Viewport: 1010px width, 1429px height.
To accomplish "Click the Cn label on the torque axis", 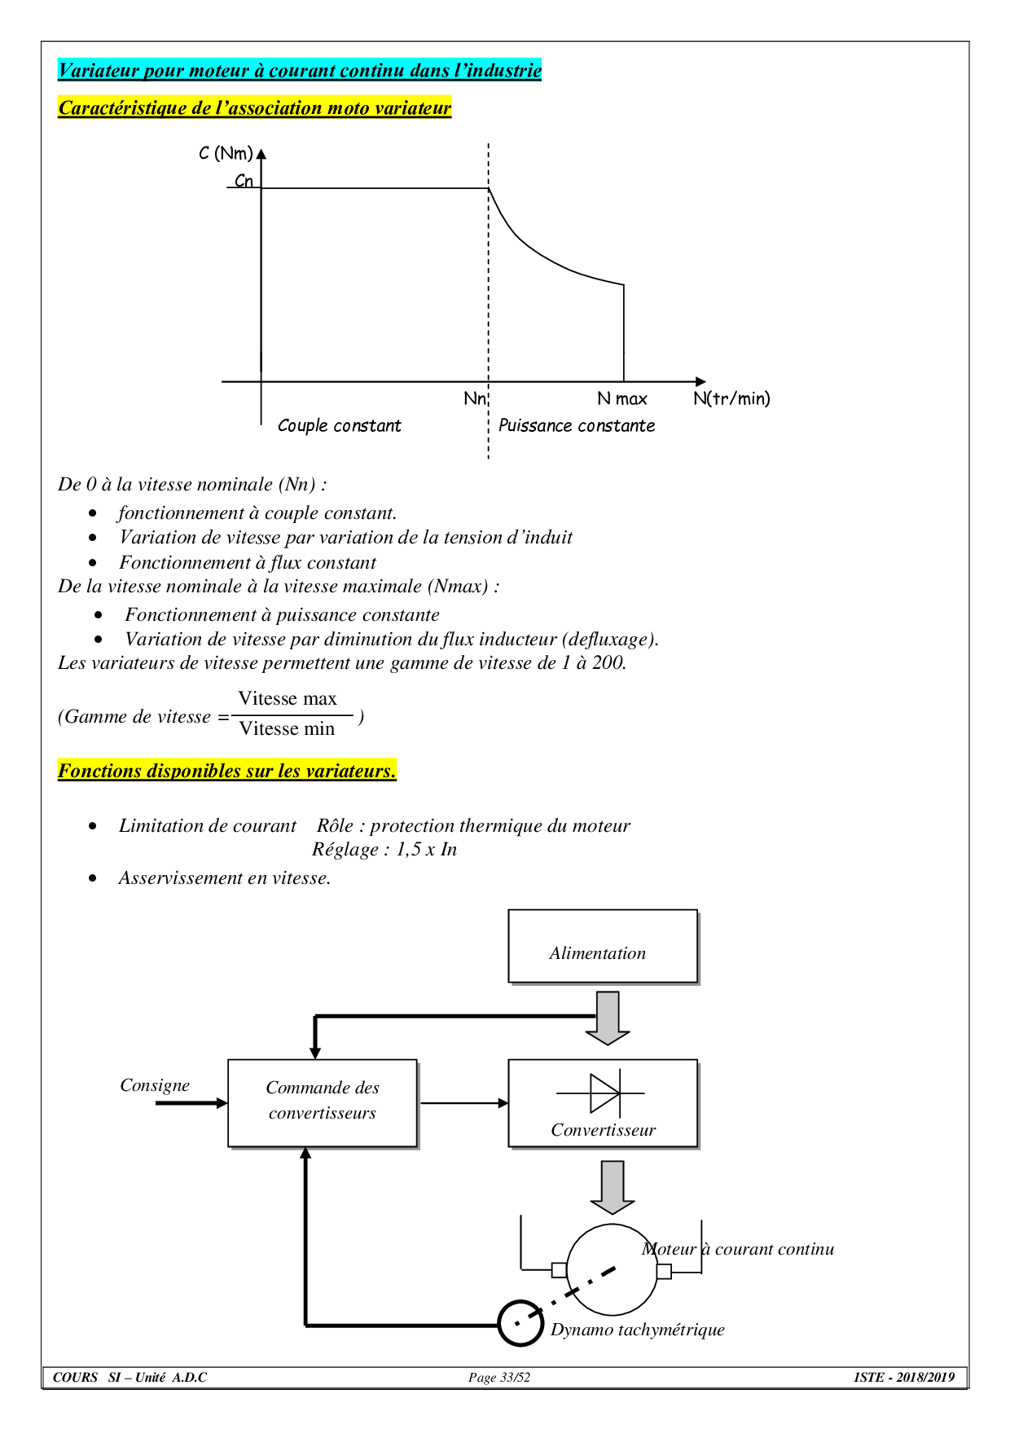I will click(244, 181).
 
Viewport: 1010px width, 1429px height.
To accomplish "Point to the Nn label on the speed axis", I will click(474, 398).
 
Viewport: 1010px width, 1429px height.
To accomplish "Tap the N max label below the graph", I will click(621, 398).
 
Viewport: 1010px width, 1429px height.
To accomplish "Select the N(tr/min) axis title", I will click(731, 398).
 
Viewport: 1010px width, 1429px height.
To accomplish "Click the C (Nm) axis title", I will click(226, 153).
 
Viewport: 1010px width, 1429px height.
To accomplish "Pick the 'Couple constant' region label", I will click(339, 425).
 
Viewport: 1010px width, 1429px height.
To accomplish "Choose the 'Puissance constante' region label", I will click(576, 425).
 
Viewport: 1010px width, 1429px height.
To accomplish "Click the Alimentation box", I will click(603, 946).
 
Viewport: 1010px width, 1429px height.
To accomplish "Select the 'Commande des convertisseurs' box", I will click(323, 1103).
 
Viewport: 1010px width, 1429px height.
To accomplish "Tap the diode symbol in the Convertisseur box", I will click(604, 1093).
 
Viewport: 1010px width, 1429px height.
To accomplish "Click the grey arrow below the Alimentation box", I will click(608, 1018).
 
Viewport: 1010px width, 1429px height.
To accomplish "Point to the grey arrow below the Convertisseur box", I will click(612, 1187).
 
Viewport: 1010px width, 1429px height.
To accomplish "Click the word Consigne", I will click(155, 1085).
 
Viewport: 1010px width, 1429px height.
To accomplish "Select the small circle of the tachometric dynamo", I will click(520, 1323).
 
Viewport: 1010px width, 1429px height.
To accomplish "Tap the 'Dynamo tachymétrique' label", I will click(637, 1330).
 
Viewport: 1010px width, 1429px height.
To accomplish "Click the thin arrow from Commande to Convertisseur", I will click(463, 1103).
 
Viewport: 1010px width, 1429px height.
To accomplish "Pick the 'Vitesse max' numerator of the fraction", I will click(288, 698).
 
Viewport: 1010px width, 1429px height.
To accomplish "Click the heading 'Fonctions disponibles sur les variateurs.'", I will click(227, 771).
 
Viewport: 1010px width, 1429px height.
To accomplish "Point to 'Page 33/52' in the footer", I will click(499, 1378).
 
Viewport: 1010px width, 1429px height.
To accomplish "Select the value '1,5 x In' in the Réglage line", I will click(426, 850).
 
